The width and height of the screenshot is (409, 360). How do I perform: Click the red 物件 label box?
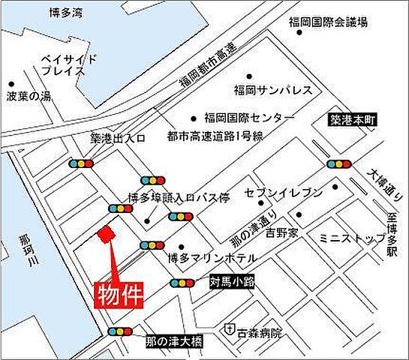click(x=119, y=294)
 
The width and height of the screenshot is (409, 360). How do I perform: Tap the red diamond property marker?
click(x=107, y=235)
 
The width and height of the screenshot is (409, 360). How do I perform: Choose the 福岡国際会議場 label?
click(x=329, y=22)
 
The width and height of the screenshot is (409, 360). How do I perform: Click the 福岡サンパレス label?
click(x=272, y=89)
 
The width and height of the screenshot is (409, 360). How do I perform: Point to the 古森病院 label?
click(x=260, y=330)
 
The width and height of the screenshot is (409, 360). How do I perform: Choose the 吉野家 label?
click(x=281, y=233)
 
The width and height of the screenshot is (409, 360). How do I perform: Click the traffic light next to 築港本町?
click(x=339, y=164)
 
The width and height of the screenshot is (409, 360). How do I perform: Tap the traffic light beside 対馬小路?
click(x=182, y=283)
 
